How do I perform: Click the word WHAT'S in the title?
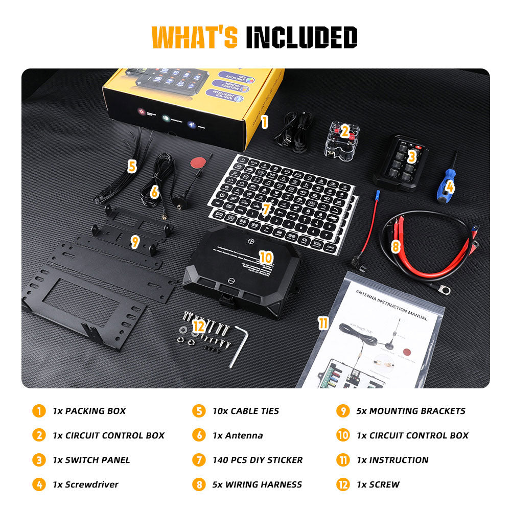point(195,37)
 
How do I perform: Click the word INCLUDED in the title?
point(301,37)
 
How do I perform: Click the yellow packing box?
point(194,100)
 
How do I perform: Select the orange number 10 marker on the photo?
point(266,257)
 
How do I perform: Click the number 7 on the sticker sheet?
point(265,208)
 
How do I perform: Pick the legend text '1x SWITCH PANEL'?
point(91,460)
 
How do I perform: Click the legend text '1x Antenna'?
point(238,435)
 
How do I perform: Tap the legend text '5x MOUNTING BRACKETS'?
point(411,411)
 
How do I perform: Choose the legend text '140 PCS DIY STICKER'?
point(257,460)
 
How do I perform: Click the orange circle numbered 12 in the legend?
point(342,484)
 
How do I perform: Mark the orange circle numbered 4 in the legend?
point(38,484)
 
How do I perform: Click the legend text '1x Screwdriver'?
point(85,484)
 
